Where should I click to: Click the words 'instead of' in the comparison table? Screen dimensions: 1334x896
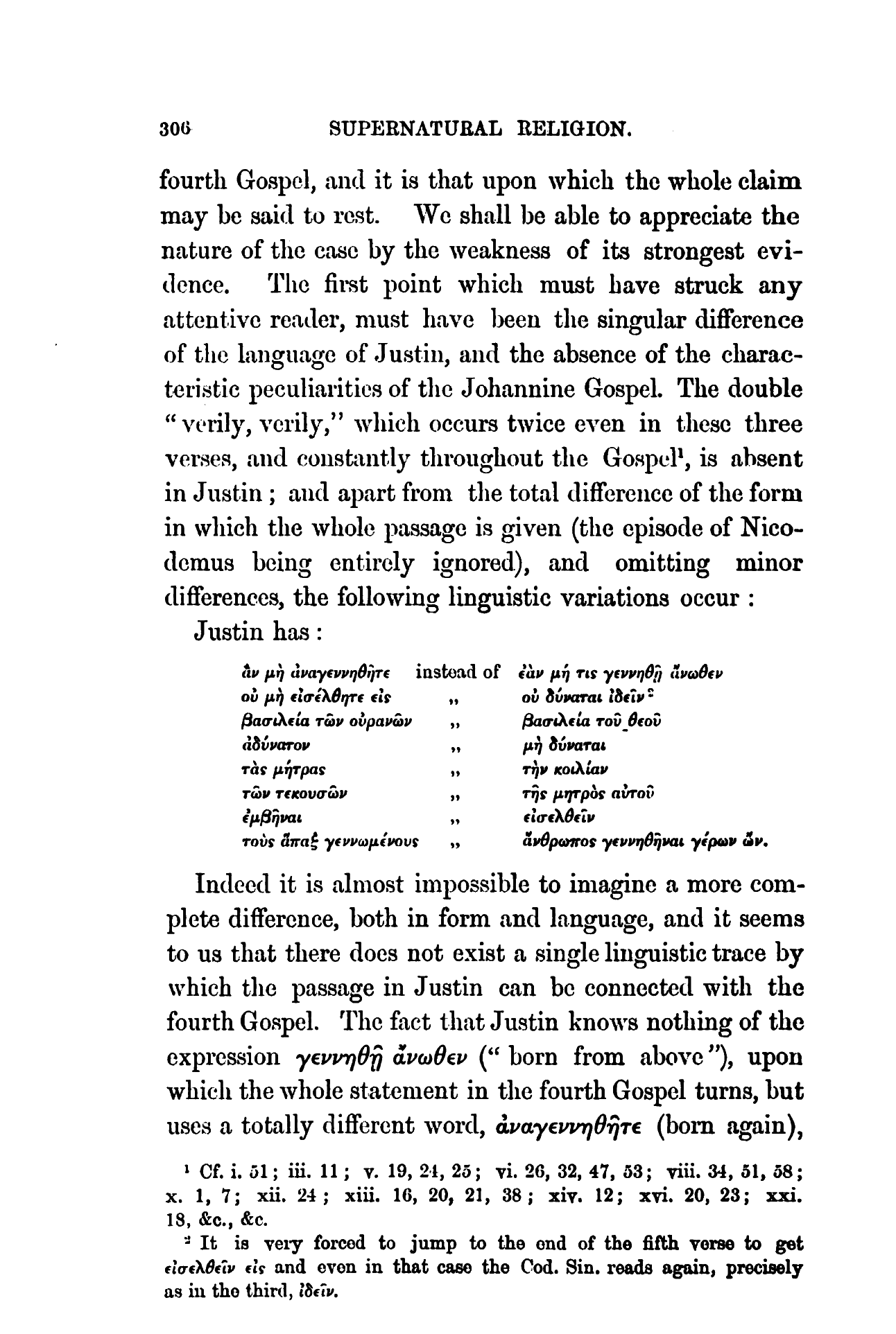458,672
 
